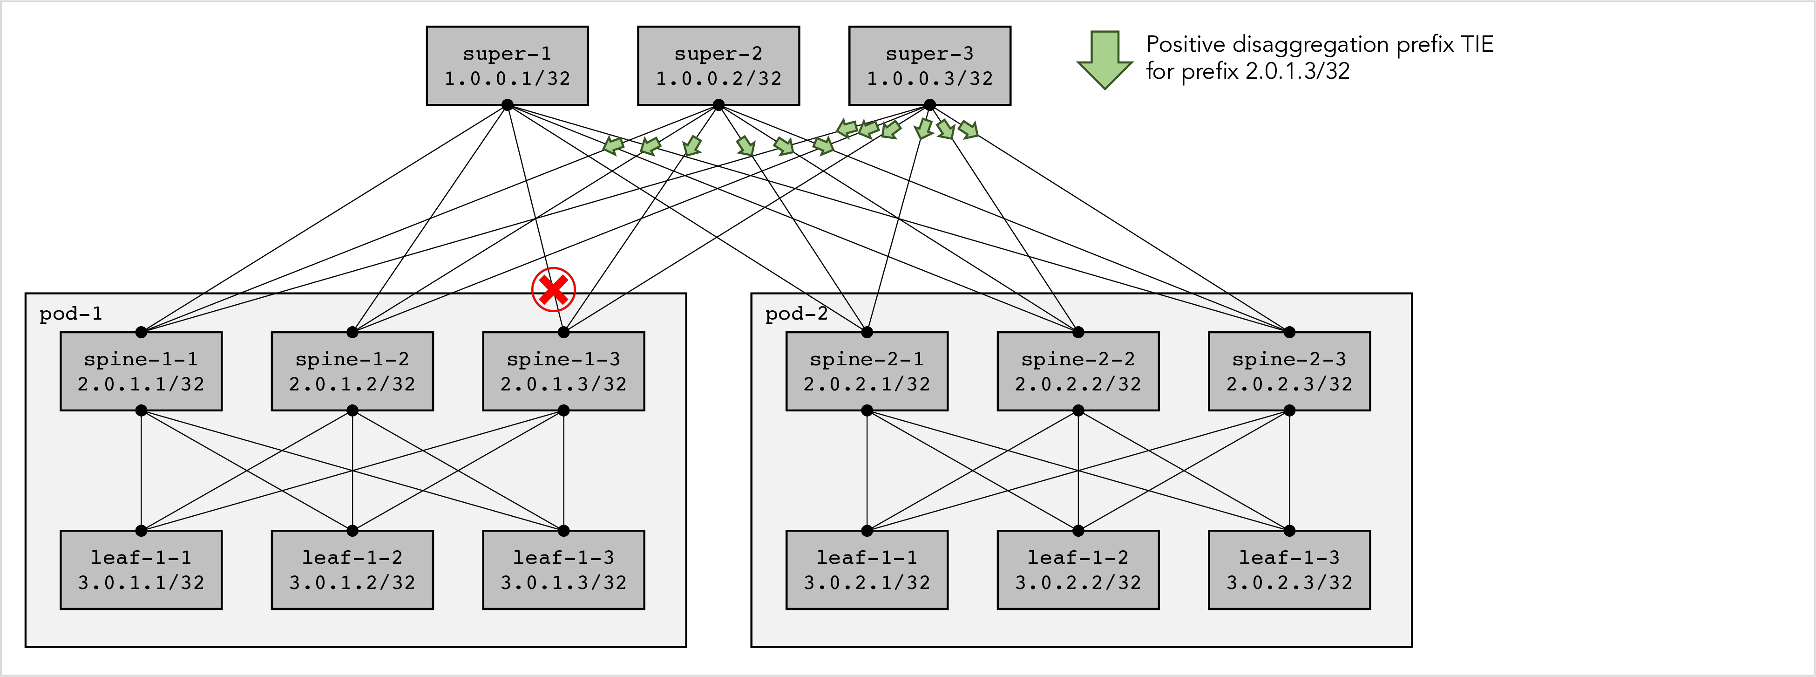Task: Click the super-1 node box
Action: (x=507, y=66)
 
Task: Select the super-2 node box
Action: (x=718, y=66)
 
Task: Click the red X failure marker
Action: (x=553, y=289)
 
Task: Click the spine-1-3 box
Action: (x=563, y=371)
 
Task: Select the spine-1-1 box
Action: (x=141, y=371)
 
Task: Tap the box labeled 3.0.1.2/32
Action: (x=352, y=570)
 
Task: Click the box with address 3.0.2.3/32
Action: (x=1289, y=570)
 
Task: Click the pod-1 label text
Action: (x=70, y=314)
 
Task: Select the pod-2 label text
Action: (x=796, y=314)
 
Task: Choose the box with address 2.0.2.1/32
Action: (x=867, y=371)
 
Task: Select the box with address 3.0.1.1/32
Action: (x=141, y=570)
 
